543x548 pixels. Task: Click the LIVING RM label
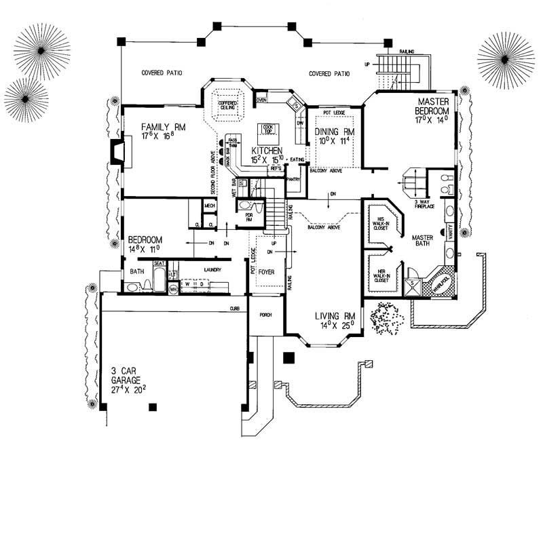pyautogui.click(x=335, y=316)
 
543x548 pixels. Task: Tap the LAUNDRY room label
pyautogui.click(x=213, y=269)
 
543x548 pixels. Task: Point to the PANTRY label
pyautogui.click(x=293, y=180)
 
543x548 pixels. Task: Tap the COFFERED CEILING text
pyautogui.click(x=227, y=105)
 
